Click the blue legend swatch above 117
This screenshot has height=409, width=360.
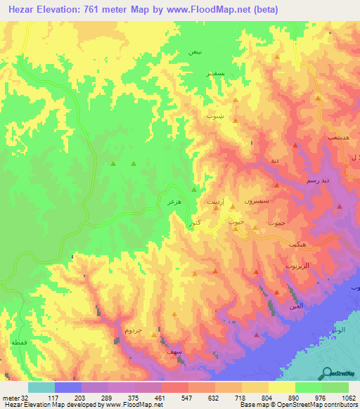(x=68, y=387)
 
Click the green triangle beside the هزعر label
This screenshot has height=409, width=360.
(x=193, y=188)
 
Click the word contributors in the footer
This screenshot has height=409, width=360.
(x=342, y=405)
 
